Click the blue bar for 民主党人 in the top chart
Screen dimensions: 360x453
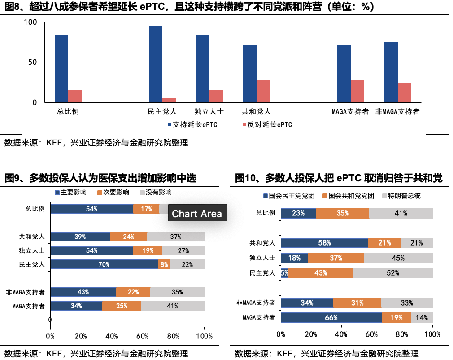click(x=156, y=64)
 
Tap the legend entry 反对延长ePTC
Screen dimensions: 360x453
click(x=267, y=124)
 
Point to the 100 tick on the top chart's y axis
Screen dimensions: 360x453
click(x=30, y=22)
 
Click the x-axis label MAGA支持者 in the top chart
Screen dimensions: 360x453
click(x=350, y=112)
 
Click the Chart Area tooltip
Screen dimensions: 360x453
click(x=197, y=214)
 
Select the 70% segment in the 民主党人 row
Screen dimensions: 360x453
click(x=104, y=264)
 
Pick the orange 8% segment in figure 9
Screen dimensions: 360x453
click(x=164, y=264)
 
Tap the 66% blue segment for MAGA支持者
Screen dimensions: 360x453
click(x=331, y=318)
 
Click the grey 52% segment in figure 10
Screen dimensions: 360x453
click(x=393, y=273)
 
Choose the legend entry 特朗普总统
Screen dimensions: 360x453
click(x=401, y=196)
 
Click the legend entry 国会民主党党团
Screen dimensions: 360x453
click(x=288, y=196)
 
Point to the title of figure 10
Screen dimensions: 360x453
click(x=339, y=178)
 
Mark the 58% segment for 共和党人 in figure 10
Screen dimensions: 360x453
click(x=324, y=243)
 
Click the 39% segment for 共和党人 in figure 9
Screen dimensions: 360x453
click(x=80, y=237)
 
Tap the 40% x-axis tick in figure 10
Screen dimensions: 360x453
click(x=341, y=334)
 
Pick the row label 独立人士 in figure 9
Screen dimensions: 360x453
click(x=35, y=251)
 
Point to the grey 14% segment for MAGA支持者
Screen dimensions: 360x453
click(x=422, y=318)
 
